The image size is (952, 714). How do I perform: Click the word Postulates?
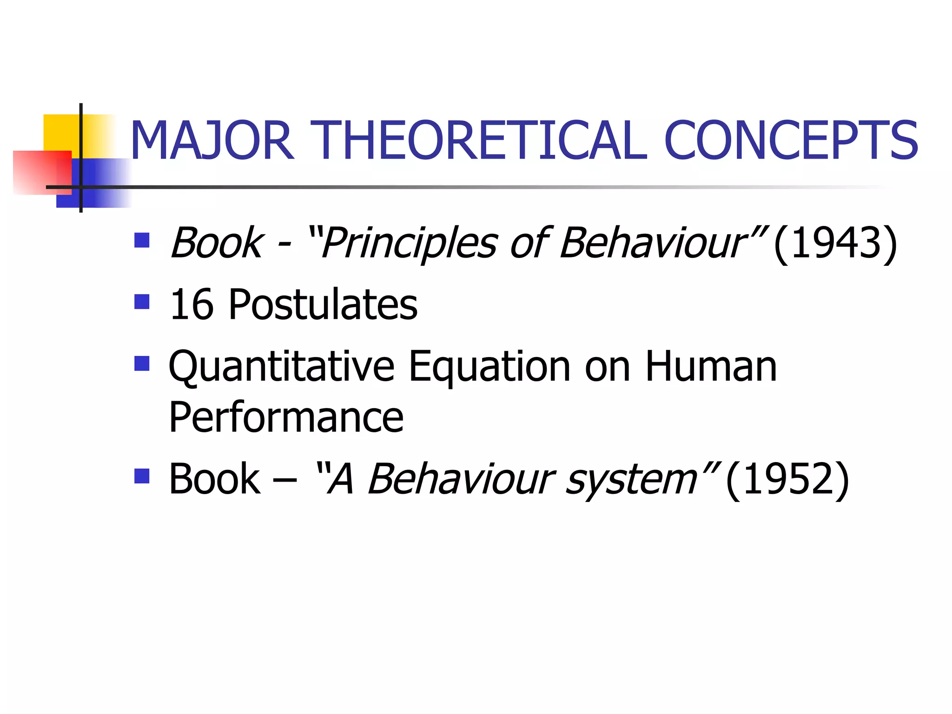(323, 304)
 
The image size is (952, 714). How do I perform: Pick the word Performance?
(286, 417)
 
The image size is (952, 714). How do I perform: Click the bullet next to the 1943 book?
(142, 240)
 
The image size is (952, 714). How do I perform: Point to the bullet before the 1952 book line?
(142, 476)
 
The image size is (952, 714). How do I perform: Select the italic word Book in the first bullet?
(217, 243)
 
